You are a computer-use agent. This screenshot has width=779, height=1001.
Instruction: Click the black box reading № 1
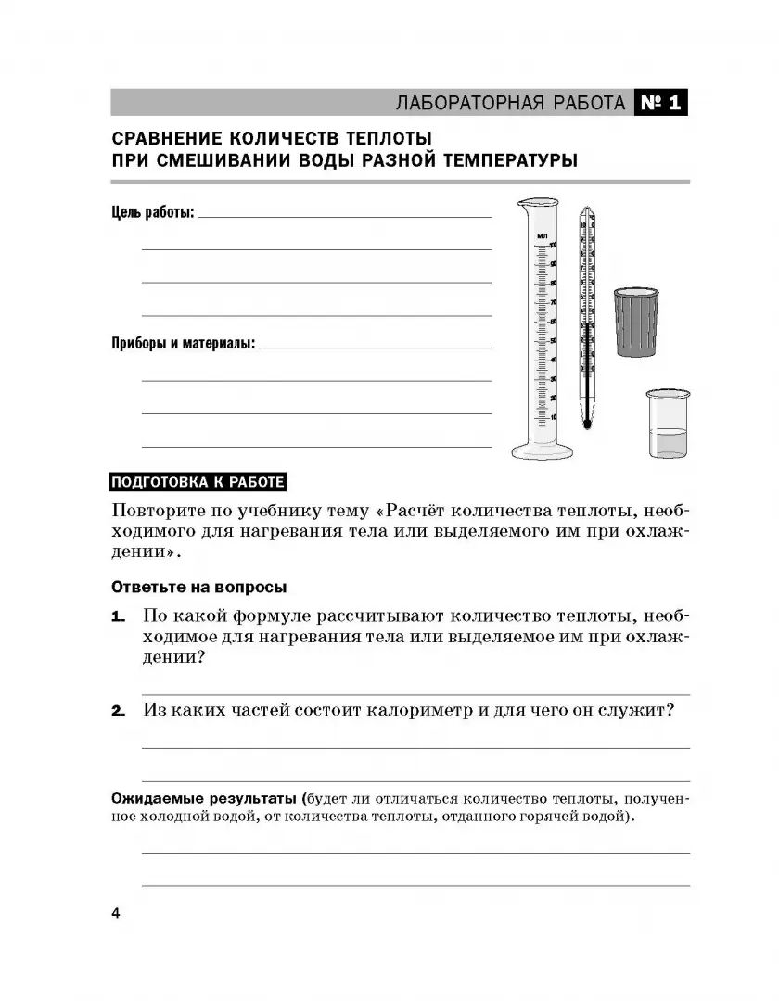(661, 103)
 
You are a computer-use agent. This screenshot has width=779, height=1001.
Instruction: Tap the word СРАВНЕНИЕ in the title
(164, 139)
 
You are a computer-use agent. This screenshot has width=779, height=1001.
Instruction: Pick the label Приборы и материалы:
(184, 344)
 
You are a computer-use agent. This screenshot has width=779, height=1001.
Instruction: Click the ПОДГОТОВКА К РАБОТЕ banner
(198, 482)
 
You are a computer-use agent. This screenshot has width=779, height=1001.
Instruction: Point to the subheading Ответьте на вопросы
(198, 588)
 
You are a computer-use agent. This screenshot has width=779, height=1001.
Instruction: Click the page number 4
(116, 914)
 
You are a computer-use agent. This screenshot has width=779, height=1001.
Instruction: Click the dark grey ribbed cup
(635, 323)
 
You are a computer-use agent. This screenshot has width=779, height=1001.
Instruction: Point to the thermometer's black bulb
(586, 424)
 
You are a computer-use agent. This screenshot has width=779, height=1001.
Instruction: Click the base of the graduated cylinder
(543, 451)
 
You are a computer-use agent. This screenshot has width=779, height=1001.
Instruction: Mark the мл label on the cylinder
(543, 237)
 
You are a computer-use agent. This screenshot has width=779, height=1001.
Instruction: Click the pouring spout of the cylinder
(521, 203)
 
